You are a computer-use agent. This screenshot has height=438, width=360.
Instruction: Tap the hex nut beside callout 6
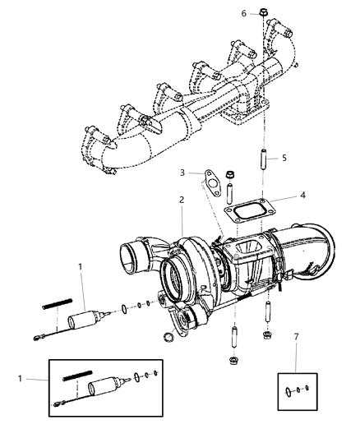[261, 14]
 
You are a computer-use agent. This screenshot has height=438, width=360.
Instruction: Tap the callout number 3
[182, 173]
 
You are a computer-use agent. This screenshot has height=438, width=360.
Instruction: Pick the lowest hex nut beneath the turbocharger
[233, 382]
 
